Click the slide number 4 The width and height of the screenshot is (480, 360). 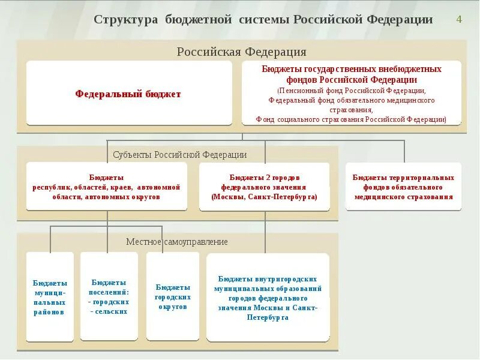(x=459, y=19)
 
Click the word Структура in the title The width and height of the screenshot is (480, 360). (x=126, y=20)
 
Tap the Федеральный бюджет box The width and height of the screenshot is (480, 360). (x=128, y=94)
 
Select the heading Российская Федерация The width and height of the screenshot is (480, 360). (x=241, y=52)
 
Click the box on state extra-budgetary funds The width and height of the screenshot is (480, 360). (x=352, y=93)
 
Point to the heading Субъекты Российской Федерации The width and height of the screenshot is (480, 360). (x=180, y=154)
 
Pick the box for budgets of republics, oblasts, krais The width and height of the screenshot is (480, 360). (x=107, y=187)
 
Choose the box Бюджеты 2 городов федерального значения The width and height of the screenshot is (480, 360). (x=265, y=187)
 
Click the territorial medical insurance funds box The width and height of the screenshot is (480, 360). (x=403, y=187)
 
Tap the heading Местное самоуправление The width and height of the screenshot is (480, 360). (x=177, y=241)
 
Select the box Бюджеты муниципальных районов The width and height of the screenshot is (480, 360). (x=50, y=297)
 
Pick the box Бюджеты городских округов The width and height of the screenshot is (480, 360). (x=173, y=296)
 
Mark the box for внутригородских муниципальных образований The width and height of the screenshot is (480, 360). (x=268, y=298)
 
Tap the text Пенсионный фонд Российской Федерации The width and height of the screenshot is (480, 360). (x=352, y=90)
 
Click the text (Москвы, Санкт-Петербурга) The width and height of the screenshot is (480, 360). (x=265, y=196)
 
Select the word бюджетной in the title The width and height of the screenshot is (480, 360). (x=199, y=20)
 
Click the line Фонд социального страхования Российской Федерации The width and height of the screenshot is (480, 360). (x=352, y=119)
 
